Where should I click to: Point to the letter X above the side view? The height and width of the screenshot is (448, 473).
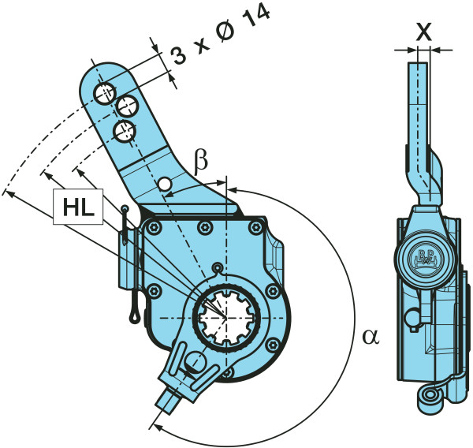423,32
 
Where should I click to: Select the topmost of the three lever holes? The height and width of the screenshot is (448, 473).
104,93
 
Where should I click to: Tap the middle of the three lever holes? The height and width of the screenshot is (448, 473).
126,105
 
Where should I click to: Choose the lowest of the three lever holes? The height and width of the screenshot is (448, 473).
122,129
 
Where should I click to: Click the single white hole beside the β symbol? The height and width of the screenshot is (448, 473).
165,185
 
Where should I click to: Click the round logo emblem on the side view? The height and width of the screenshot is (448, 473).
425,258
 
